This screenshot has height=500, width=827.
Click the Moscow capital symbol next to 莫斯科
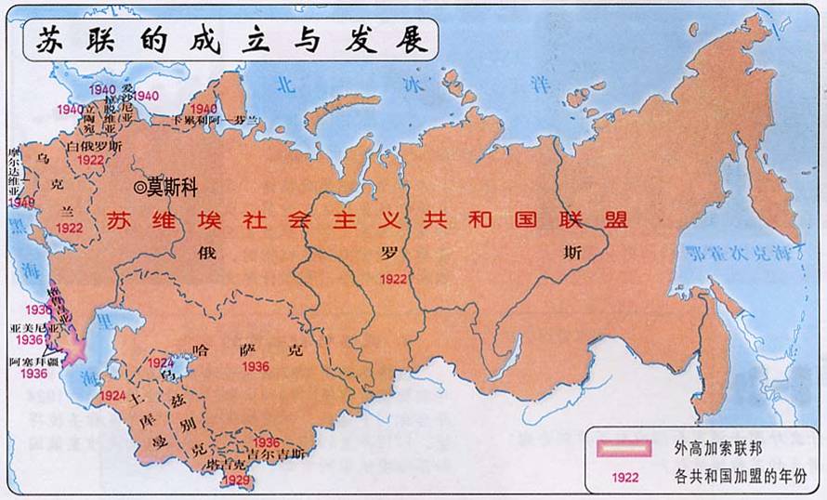140,187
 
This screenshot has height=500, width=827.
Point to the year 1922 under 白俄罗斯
91,159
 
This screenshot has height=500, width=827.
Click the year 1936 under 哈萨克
255,367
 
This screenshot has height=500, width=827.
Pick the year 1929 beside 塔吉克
237,480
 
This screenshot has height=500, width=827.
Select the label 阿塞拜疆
33,362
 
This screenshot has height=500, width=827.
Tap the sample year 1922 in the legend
626,479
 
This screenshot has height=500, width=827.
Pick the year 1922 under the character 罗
393,277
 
